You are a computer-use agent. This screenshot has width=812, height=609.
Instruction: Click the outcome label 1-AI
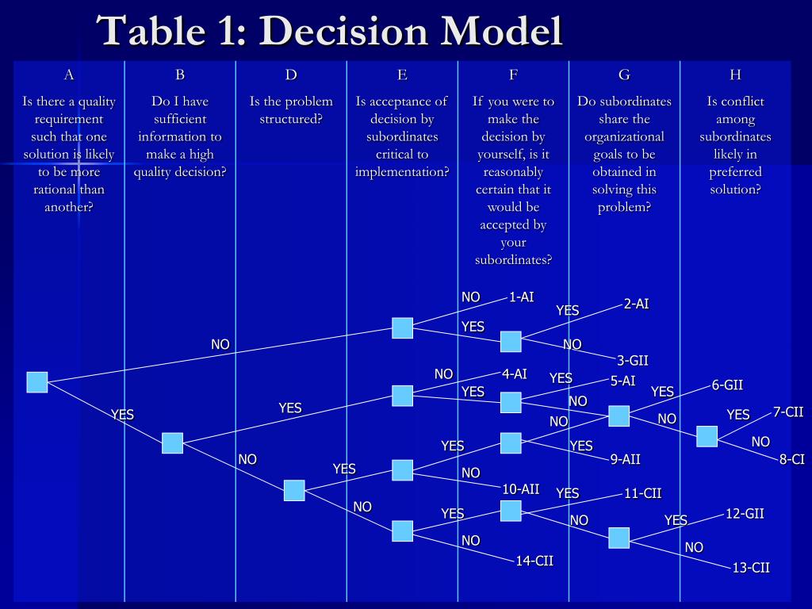coord(521,297)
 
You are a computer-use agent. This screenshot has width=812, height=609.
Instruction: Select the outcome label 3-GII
coord(632,361)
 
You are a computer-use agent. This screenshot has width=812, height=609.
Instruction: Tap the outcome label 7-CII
coord(788,412)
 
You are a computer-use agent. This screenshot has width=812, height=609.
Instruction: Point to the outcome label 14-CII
coord(534,561)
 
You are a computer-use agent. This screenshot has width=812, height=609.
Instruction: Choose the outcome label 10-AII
coord(520,488)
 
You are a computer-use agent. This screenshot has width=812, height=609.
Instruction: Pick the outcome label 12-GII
coord(745,513)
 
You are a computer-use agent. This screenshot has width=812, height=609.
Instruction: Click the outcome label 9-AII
coord(625,459)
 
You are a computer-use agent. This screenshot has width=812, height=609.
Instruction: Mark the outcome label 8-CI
coord(791,459)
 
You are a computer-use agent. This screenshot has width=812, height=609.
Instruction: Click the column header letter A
coord(69,75)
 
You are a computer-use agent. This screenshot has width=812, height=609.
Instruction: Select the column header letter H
coord(735,75)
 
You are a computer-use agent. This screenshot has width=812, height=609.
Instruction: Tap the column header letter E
coord(402,75)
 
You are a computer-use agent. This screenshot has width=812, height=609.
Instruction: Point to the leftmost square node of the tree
coord(37,382)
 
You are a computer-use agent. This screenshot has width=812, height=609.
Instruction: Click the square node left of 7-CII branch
coord(707,436)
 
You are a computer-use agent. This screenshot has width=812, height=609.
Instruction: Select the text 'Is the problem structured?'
coord(291,110)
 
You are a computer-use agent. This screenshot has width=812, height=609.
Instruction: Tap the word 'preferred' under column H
coord(735,172)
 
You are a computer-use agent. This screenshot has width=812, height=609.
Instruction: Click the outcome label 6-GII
coord(727,385)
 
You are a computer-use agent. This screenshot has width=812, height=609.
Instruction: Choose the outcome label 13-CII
coord(751,567)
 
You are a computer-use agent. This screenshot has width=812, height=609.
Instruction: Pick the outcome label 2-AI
coord(636,304)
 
